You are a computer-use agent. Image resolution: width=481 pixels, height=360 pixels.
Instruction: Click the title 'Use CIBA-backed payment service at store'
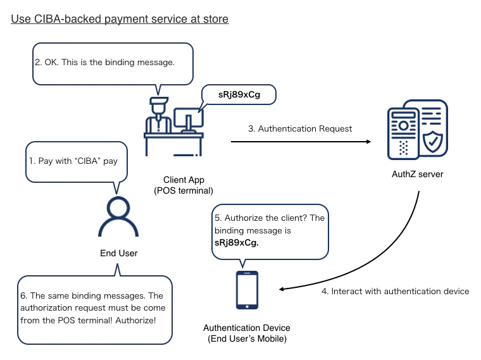click(120, 19)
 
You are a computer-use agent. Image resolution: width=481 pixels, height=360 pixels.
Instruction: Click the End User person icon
click(119, 219)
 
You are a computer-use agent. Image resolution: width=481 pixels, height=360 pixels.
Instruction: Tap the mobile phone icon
click(247, 290)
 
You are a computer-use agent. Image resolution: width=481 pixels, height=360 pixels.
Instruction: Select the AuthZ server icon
click(418, 130)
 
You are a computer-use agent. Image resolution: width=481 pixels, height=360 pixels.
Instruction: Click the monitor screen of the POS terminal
click(187, 118)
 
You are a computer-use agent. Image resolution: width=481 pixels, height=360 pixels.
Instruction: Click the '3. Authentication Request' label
click(299, 128)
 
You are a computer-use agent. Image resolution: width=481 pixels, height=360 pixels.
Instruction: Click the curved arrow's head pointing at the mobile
click(283, 290)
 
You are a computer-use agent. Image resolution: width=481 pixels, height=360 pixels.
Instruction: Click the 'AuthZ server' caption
click(418, 175)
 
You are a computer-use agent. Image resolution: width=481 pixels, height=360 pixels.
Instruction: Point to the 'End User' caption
click(119, 253)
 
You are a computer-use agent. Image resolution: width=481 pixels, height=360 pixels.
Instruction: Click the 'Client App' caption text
click(184, 180)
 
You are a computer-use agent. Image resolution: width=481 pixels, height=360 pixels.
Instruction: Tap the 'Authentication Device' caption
click(247, 328)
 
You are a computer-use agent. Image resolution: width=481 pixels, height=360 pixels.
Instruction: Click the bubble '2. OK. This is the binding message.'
click(112, 63)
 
